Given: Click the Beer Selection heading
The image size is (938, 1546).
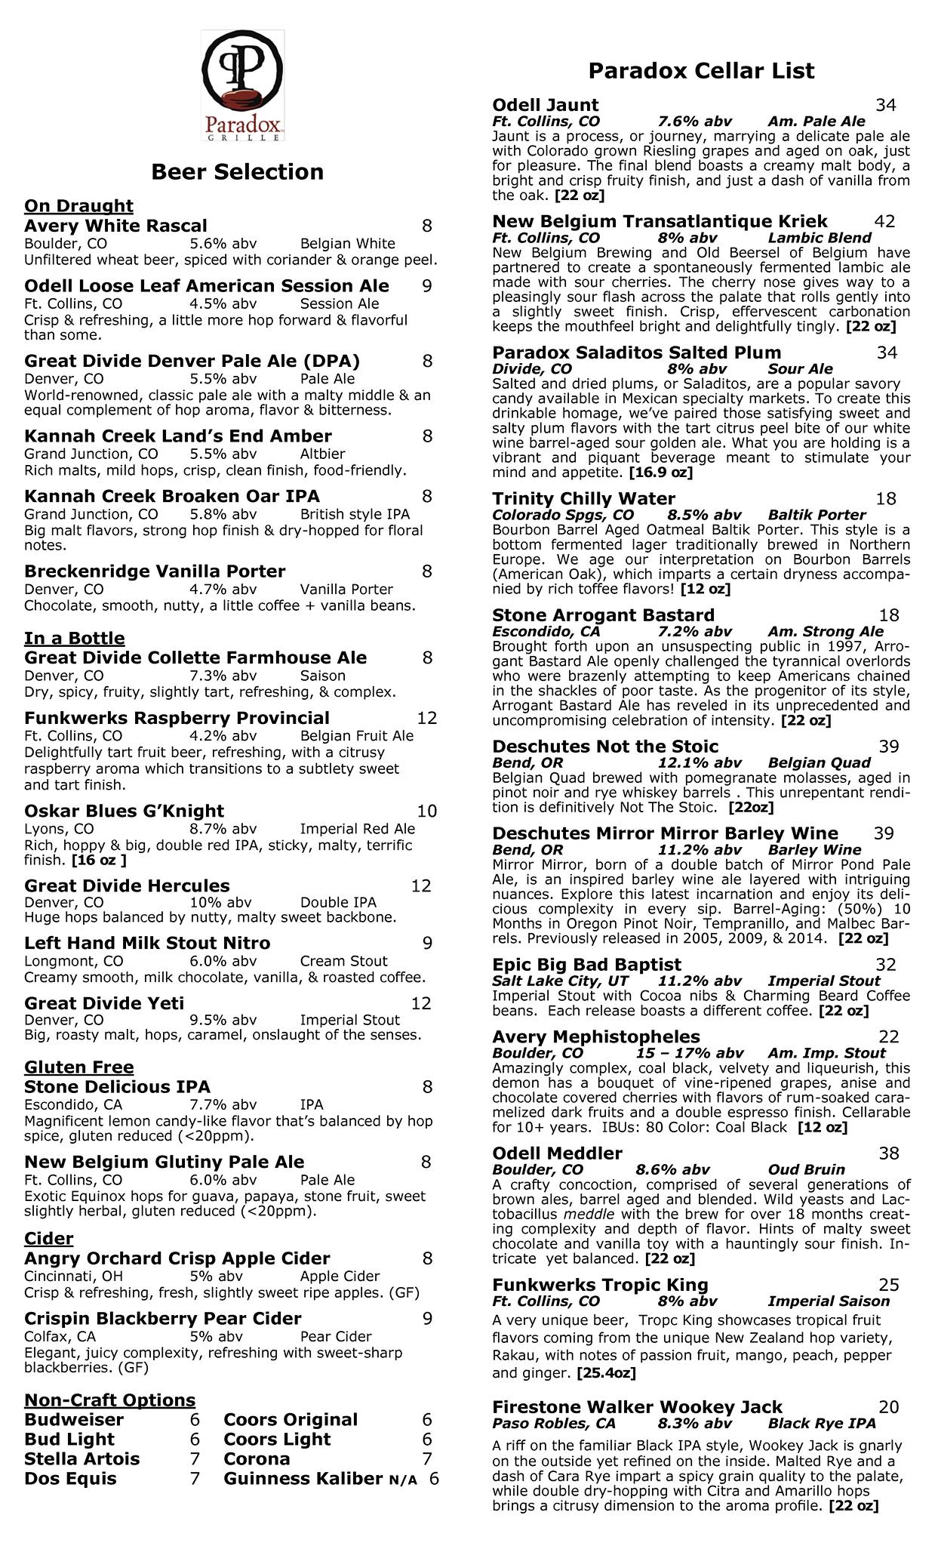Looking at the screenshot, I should pos(237,172).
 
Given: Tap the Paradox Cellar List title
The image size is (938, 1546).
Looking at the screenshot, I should pos(701,71).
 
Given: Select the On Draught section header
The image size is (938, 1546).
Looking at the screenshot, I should pos(78,206).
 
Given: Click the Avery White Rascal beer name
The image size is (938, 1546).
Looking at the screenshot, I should pos(115,226).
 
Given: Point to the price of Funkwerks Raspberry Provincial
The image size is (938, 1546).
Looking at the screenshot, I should pos(426,718).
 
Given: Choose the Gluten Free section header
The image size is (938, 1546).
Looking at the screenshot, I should pos(78,1067).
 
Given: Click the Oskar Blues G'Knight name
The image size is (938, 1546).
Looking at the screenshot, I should pos(124,811).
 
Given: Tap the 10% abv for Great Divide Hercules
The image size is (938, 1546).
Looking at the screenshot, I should pos(220,902).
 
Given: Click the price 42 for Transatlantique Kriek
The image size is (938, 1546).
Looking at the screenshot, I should pos(884,221).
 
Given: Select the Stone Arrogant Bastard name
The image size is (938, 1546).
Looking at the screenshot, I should pos(603,615).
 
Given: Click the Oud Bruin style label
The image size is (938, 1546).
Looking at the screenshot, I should pos(806,1169).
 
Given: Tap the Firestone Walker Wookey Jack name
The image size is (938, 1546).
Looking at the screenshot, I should pos(637,1407).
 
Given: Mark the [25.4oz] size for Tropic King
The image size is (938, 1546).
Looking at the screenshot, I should pos(605,1373).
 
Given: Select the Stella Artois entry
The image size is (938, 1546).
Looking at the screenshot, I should pos(81,1458).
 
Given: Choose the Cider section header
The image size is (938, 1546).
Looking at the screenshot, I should pos(49,1239).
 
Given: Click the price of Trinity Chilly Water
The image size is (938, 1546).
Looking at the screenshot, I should pos(886,499).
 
